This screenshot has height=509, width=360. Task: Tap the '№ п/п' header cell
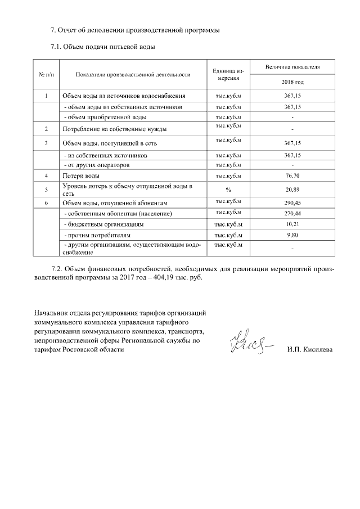(46, 74)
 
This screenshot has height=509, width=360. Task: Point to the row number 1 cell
(46, 96)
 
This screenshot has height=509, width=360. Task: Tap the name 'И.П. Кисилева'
(309, 350)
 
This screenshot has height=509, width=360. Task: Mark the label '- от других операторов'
(98, 165)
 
